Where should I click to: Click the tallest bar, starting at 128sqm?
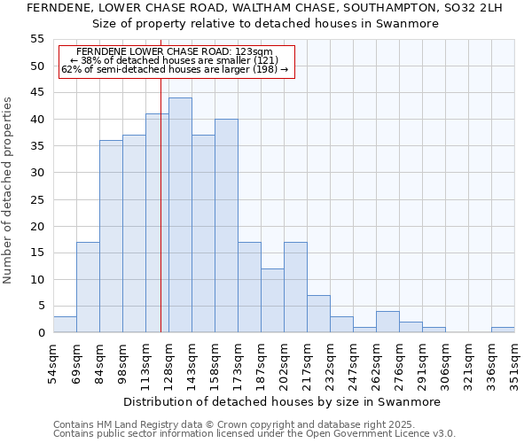tap(180, 215)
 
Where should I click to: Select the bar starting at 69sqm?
tap(88, 287)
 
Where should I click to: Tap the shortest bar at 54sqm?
tap(65, 324)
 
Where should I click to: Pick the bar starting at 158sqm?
tap(226, 226)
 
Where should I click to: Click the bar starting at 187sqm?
tap(272, 300)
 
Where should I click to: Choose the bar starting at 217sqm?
tap(318, 314)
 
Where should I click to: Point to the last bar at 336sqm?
tap(503, 330)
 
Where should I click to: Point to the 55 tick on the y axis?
tap(37, 39)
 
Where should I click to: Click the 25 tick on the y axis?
tap(37, 199)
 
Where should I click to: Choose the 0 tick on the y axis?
tap(40, 333)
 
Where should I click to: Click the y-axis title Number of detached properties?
tap(9, 190)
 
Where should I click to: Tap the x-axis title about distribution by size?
tap(282, 401)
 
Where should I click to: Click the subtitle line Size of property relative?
tap(266, 24)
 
